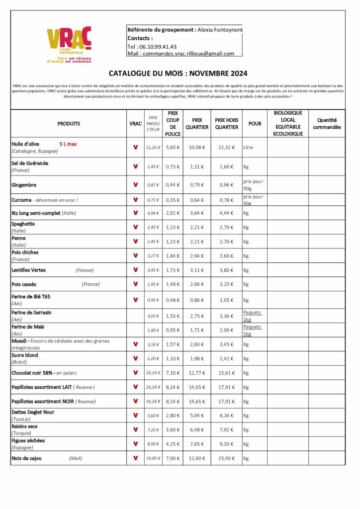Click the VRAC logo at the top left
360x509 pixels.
69,44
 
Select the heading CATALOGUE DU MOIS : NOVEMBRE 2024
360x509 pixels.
178,74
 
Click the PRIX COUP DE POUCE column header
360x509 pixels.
173,124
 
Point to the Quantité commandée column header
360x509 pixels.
327,124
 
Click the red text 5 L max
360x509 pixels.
68,144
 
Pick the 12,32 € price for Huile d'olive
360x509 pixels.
226,148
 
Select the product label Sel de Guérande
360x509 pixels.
30,163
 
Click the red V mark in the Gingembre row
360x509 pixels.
135,185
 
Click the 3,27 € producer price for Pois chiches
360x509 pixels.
153,255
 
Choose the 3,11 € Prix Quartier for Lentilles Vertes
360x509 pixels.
197,270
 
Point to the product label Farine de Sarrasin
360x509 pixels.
31,312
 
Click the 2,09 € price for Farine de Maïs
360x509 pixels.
226,330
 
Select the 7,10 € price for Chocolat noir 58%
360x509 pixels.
173,372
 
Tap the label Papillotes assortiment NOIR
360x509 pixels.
43,401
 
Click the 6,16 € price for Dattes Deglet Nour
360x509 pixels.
226,416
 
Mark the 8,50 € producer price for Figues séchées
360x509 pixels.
153,444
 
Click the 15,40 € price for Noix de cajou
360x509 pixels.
226,458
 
